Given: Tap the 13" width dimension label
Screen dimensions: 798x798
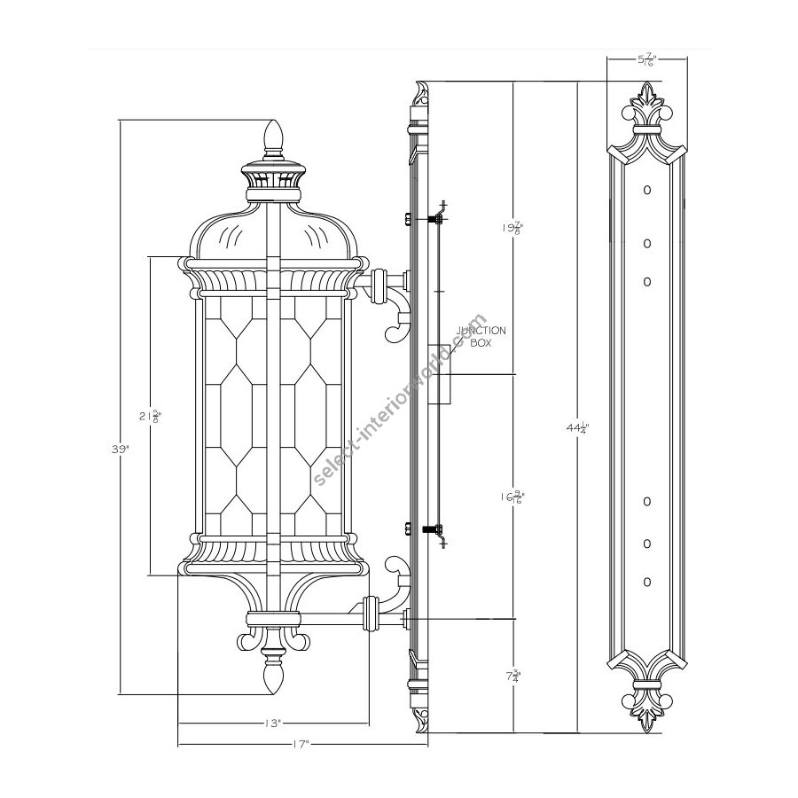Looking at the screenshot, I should (x=273, y=724).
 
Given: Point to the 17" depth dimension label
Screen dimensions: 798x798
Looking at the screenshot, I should (x=301, y=745).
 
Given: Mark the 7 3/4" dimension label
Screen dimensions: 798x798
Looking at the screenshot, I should (x=512, y=676).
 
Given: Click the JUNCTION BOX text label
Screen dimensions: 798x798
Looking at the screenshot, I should (x=481, y=336).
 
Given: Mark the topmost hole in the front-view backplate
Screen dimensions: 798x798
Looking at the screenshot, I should (x=647, y=190).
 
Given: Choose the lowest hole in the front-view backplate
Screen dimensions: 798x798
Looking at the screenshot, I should (x=647, y=582).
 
